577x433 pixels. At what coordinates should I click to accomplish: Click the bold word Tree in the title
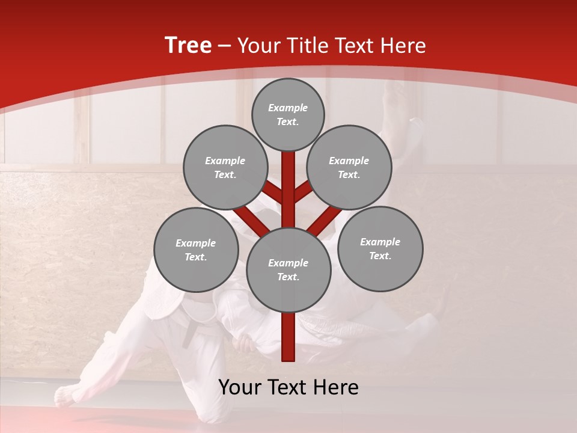point(188,46)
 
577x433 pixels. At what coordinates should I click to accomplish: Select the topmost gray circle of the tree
point(288,114)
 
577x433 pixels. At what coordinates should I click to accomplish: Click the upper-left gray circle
point(225,167)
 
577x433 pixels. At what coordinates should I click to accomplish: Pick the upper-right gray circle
point(349,167)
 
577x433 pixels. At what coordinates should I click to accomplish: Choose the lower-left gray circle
point(196,250)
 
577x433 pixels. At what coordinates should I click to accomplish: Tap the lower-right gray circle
point(380,248)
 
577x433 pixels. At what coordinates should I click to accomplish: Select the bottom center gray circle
point(288,269)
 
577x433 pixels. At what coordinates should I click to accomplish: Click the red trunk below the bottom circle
point(288,337)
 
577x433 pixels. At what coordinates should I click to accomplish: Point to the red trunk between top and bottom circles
point(288,189)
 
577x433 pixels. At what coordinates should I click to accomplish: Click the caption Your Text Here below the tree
point(288,387)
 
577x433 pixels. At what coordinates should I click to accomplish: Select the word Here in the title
point(405,46)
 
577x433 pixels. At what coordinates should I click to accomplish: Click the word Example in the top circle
point(288,108)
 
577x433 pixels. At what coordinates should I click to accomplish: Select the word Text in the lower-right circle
point(379,256)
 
